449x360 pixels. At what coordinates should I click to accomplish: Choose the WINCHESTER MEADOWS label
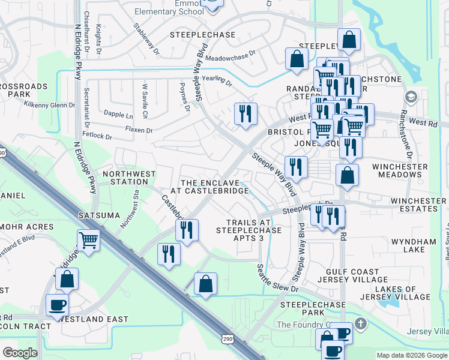point(400,170)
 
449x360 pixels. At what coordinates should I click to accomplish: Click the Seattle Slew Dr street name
point(277,278)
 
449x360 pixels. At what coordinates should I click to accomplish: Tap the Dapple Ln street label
point(118,113)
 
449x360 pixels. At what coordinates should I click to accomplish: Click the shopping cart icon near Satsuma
point(88,241)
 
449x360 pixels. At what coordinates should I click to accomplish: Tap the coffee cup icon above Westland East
point(57,305)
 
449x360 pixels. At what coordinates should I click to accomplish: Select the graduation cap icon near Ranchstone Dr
point(411,97)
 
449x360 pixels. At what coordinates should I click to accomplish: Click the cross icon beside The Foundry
point(360,324)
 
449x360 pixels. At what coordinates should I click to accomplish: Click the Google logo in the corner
point(20,353)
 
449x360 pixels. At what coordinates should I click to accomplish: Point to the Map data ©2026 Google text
point(412,355)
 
